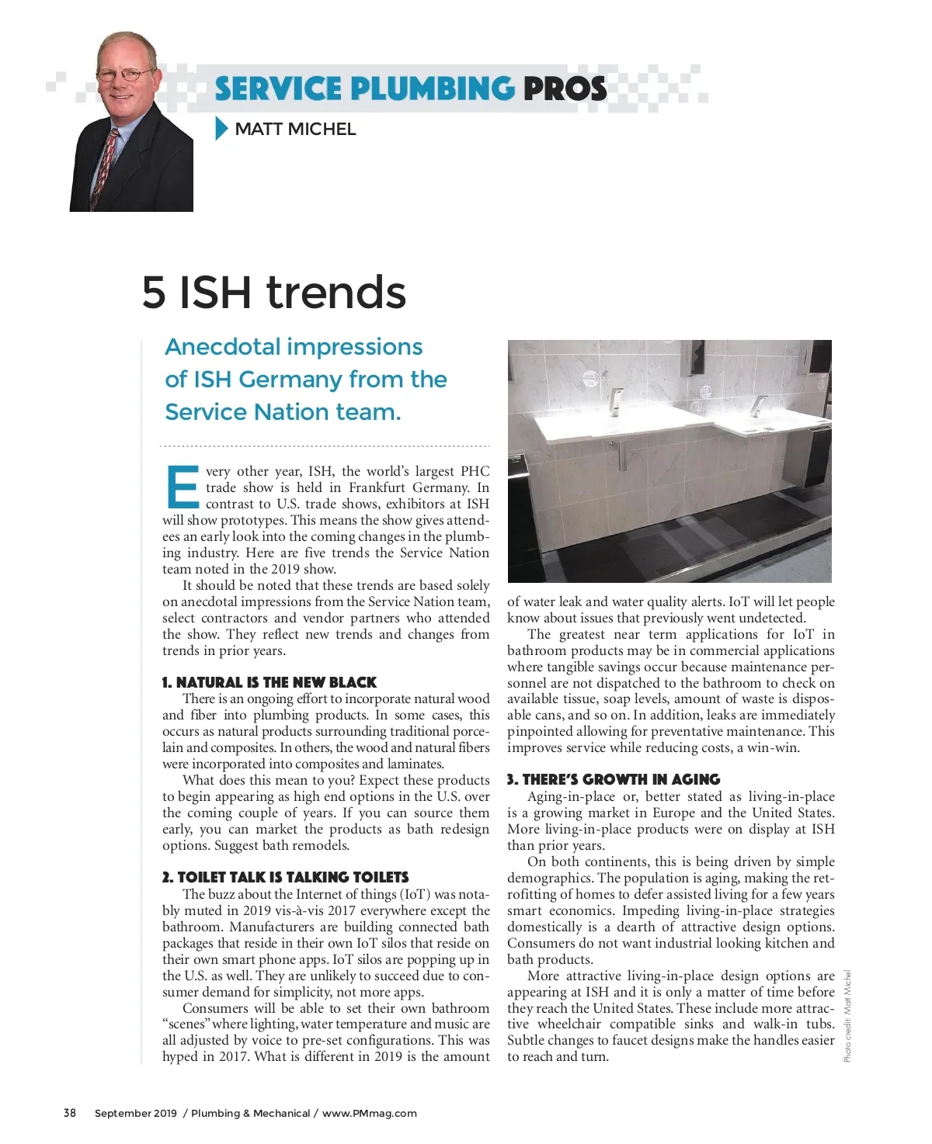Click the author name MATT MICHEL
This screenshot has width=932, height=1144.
[295, 130]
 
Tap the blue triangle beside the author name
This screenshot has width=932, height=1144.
[221, 128]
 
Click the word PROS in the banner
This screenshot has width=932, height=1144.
[565, 88]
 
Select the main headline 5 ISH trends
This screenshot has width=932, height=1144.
[274, 293]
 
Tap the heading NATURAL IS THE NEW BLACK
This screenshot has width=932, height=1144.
[270, 682]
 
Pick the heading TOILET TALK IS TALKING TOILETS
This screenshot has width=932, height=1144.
[285, 877]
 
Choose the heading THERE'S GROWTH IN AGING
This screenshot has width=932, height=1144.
[614, 779]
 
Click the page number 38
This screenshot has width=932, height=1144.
[70, 1113]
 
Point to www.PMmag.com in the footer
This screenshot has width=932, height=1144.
[370, 1113]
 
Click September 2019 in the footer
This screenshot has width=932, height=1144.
[135, 1113]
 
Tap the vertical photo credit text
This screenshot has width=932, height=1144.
[847, 1017]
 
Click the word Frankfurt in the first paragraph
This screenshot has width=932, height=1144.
[382, 487]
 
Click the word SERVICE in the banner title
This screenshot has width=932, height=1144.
[277, 88]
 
